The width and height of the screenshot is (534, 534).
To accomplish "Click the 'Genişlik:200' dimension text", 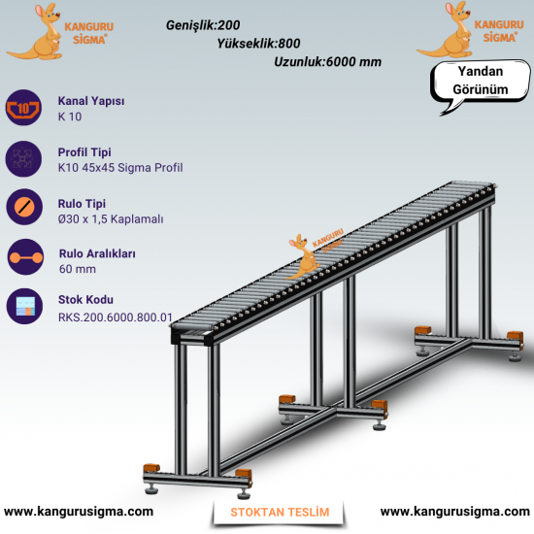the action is coord(203,25).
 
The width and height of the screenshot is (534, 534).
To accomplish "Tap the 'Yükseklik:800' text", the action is coord(259,44).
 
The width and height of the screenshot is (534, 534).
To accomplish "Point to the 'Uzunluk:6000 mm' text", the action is coord(327,62).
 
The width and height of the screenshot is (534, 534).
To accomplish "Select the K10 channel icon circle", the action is coord(23,108).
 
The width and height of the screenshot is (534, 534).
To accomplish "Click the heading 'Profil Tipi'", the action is coord(84,152).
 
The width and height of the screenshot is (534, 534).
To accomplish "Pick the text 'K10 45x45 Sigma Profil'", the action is coord(120,168).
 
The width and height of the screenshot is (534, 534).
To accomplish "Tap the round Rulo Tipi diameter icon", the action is coord(24,207).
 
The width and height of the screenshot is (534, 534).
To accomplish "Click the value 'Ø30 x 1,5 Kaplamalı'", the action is coord(111,219).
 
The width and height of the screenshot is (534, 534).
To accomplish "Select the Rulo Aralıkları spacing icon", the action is coord(25,257).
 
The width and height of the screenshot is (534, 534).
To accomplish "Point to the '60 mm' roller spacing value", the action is coord(78,269).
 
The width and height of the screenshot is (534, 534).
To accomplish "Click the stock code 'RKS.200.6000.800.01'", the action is coord(116,317).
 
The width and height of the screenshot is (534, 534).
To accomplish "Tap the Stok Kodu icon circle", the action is coord(24,306).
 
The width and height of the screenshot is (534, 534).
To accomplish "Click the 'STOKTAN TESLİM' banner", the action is coord(280,513).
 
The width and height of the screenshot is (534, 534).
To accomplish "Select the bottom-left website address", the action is coord(79,511).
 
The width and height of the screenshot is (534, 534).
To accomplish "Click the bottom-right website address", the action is coord(455,511).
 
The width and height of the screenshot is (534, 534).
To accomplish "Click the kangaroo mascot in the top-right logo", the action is coord(447,30).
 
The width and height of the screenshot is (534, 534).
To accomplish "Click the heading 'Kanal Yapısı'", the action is coord(91,101).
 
